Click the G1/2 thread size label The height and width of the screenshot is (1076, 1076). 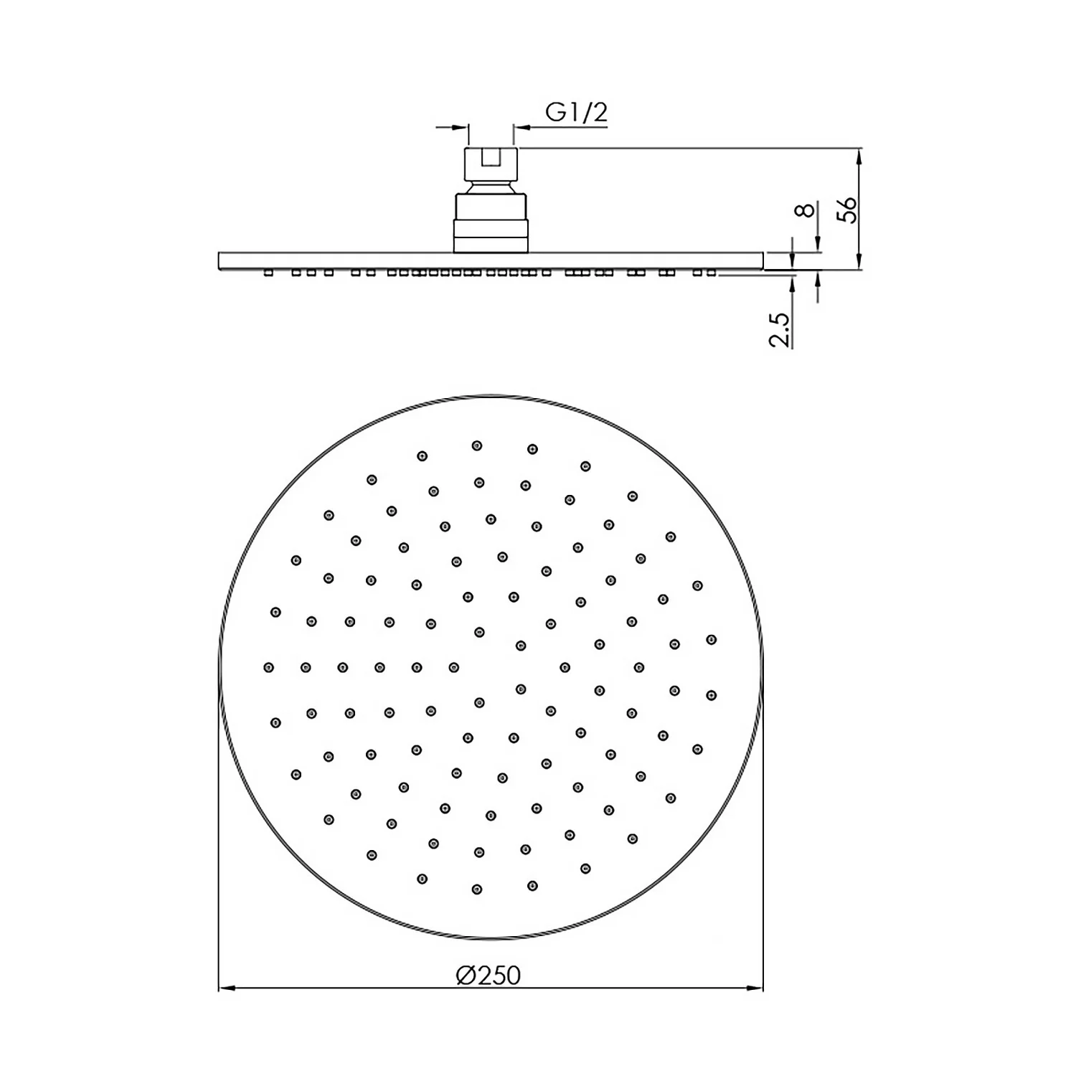(x=576, y=113)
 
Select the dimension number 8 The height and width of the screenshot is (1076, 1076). (x=806, y=209)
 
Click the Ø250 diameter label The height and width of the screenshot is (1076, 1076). (x=488, y=976)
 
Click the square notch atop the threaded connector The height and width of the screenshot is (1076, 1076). (x=491, y=157)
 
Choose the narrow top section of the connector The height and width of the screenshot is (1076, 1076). (x=491, y=166)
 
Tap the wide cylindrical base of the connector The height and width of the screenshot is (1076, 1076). (x=491, y=222)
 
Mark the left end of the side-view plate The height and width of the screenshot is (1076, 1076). (x=220, y=261)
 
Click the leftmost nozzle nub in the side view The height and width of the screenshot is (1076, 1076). (x=268, y=273)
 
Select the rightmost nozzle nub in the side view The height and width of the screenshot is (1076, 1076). (x=711, y=273)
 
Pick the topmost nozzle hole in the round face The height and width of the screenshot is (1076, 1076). (x=477, y=445)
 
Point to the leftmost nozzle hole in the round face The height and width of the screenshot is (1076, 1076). (x=268, y=668)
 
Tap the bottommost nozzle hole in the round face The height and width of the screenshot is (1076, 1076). (x=477, y=889)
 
